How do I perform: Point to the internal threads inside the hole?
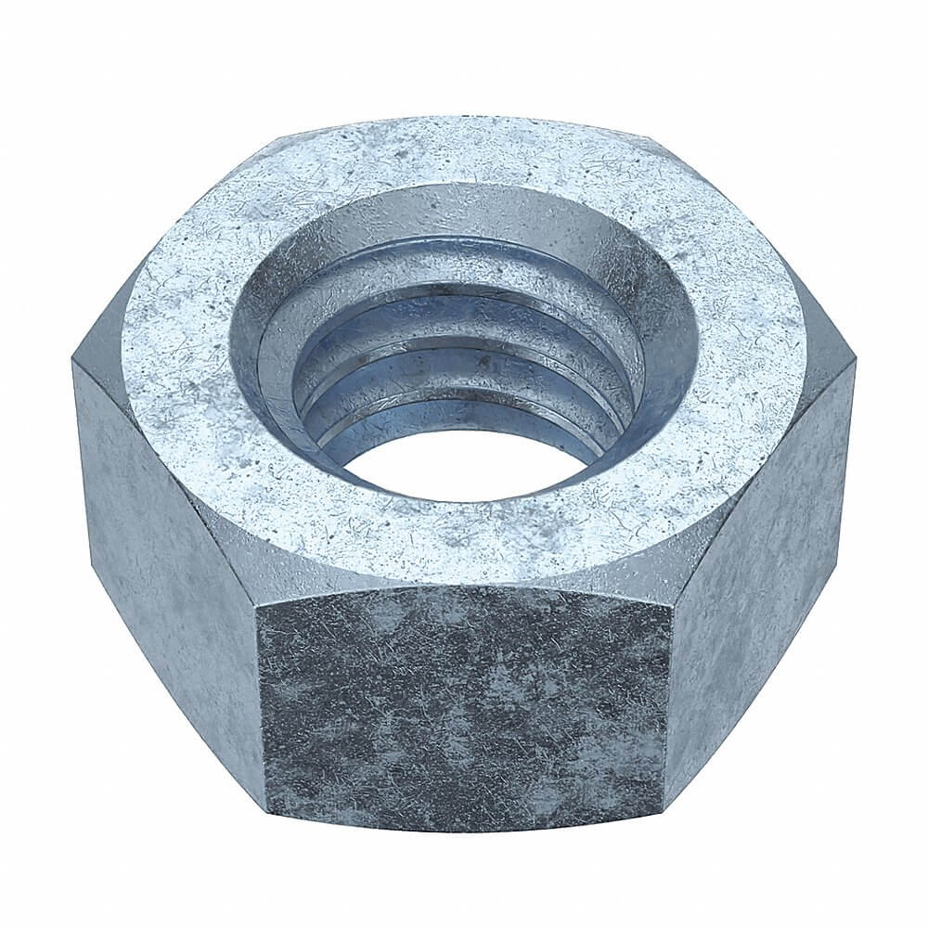point(464,371)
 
